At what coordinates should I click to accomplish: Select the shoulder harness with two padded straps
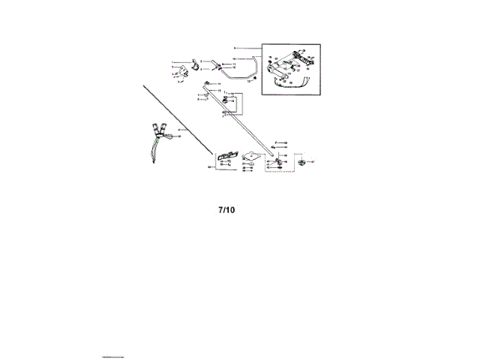pyautogui.click(x=159, y=139)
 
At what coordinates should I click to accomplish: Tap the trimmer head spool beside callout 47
pyautogui.click(x=301, y=161)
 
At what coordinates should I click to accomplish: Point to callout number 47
pyautogui.click(x=313, y=161)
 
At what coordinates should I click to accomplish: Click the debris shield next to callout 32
pyautogui.click(x=228, y=156)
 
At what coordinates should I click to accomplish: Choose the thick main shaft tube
pyautogui.click(x=240, y=120)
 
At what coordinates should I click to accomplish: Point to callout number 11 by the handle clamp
pyautogui.click(x=234, y=64)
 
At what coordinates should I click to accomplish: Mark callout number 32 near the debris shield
pyautogui.click(x=208, y=168)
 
